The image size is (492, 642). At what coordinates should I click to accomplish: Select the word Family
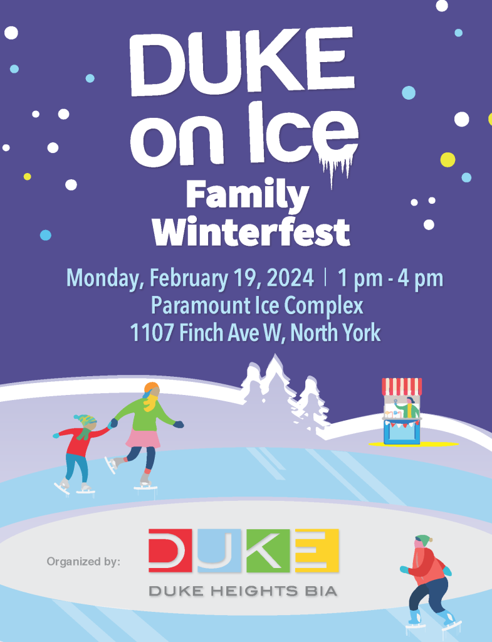(x=248, y=196)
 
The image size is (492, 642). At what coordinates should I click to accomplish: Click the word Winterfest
(x=251, y=232)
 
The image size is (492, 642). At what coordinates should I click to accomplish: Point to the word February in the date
(x=189, y=279)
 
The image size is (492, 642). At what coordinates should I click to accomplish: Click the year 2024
(x=290, y=278)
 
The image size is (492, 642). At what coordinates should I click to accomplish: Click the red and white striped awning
(x=402, y=386)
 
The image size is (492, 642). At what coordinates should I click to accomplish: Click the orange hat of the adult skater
(x=152, y=387)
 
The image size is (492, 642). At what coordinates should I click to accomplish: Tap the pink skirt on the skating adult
(x=143, y=438)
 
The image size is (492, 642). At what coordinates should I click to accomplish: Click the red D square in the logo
(x=170, y=550)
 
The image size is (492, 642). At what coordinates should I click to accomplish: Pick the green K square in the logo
(x=268, y=550)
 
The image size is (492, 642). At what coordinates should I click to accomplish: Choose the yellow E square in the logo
(x=317, y=550)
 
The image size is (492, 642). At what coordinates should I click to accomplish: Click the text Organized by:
(x=83, y=561)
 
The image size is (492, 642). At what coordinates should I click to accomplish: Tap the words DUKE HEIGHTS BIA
(x=243, y=591)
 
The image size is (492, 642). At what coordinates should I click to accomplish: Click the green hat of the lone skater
(x=424, y=540)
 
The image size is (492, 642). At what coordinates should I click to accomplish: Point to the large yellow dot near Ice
(x=448, y=160)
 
